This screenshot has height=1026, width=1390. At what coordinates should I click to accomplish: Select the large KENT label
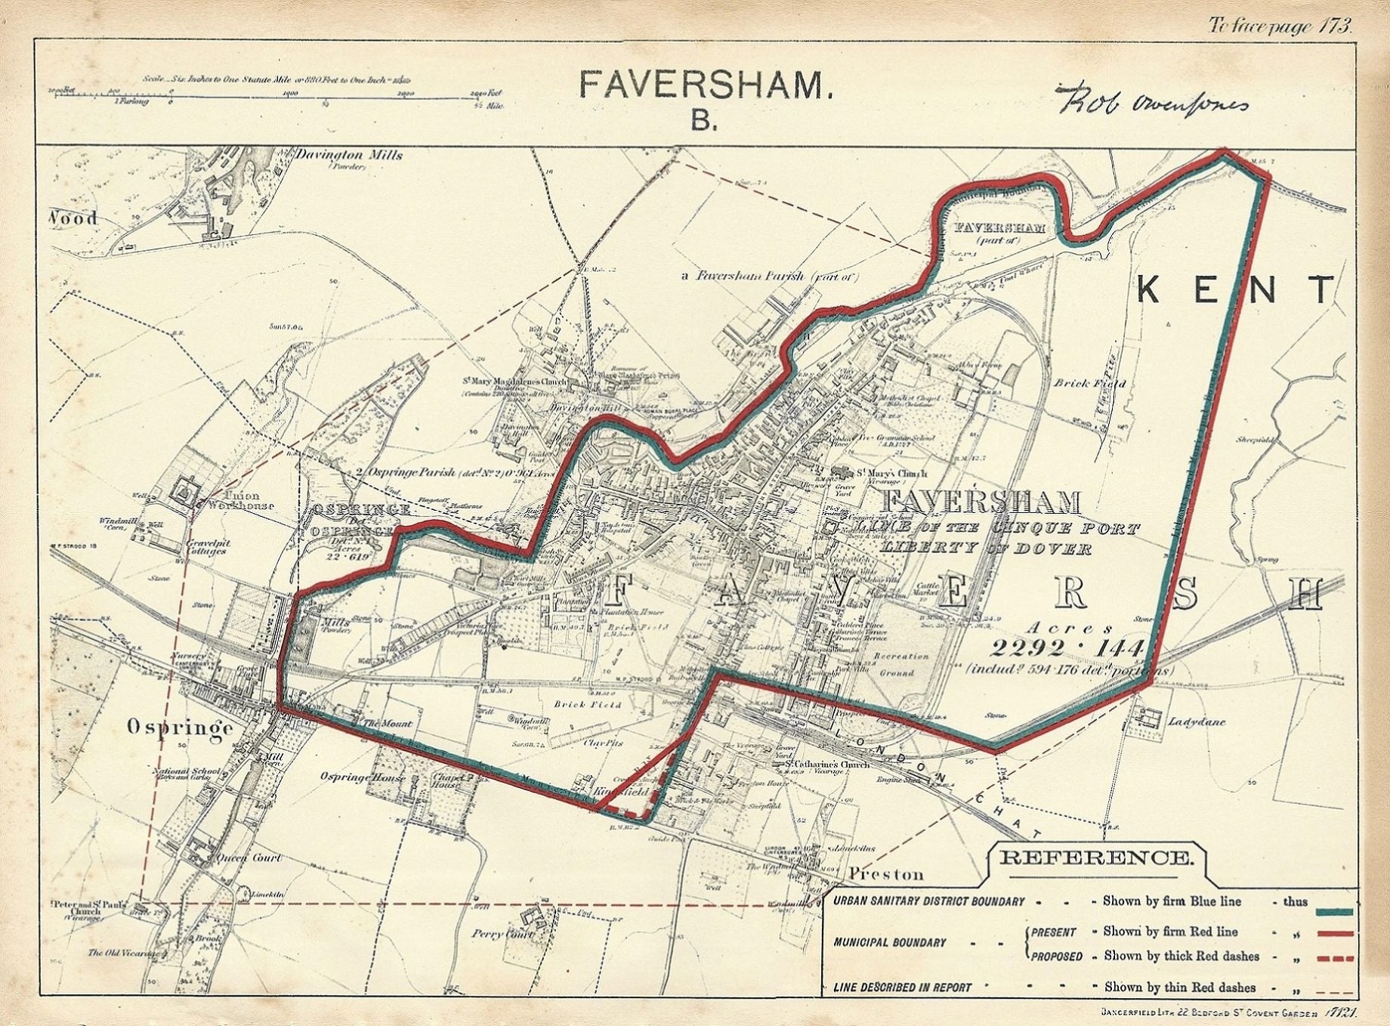1235,289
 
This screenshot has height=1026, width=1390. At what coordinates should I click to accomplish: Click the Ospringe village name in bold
180,727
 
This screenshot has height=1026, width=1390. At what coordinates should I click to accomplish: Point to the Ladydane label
1197,722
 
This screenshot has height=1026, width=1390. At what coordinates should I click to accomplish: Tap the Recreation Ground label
900,664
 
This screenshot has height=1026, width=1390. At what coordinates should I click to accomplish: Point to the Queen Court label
249,858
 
